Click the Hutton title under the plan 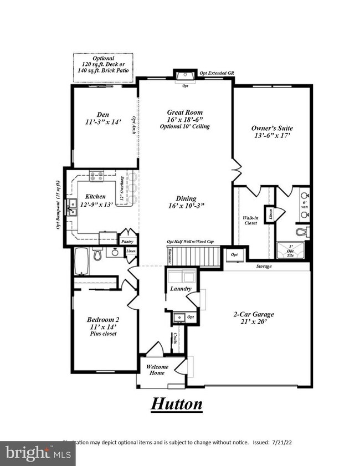[177, 403]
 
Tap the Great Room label [183, 111]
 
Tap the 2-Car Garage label [253, 315]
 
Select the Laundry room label [181, 289]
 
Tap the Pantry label [127, 242]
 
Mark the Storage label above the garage [264, 267]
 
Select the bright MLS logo [37, 453]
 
